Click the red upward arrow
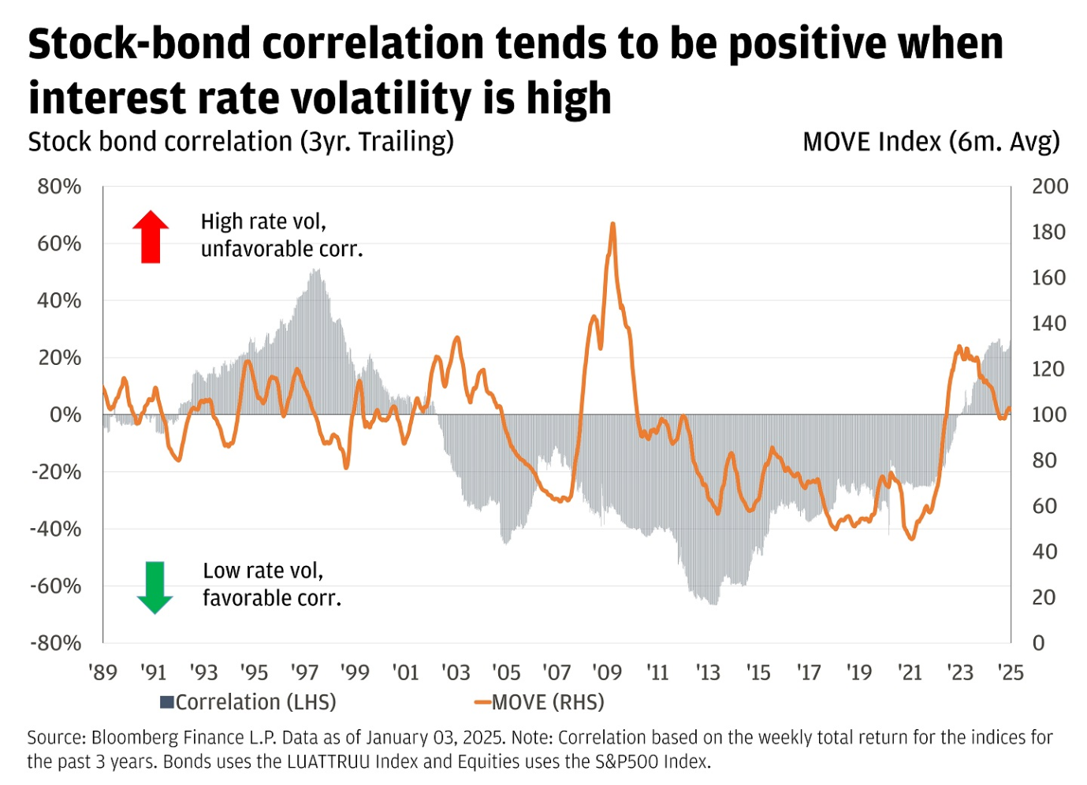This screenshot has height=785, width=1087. [151, 236]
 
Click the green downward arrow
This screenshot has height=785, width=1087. [154, 587]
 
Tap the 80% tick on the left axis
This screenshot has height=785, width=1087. [59, 187]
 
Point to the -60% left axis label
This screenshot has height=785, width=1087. [56, 586]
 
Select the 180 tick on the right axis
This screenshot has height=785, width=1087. [1048, 233]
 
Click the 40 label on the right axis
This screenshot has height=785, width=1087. [1044, 552]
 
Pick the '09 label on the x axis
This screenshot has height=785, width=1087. [607, 672]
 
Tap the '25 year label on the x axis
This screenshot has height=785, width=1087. [1010, 672]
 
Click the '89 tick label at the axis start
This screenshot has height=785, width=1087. [102, 672]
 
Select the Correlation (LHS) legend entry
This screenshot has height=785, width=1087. [248, 702]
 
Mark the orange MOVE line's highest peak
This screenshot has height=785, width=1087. [612, 225]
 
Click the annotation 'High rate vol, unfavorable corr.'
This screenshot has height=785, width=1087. [281, 235]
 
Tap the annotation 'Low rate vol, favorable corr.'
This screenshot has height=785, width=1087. [272, 584]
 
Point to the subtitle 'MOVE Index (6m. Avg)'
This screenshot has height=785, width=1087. [931, 142]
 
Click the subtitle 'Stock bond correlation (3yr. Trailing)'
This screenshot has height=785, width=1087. [240, 142]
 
